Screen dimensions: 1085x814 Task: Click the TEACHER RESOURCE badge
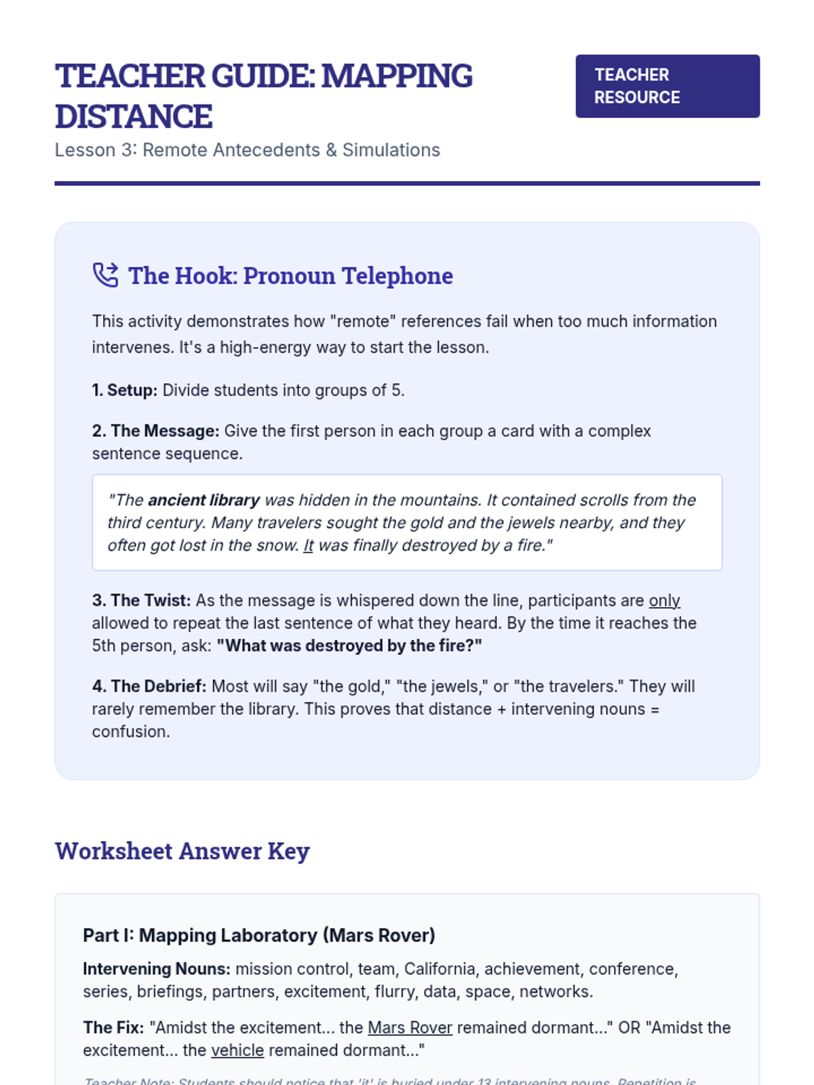pyautogui.click(x=667, y=86)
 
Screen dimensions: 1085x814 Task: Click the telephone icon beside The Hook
pyautogui.click(x=105, y=275)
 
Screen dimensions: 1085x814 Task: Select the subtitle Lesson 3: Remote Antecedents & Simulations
pyautogui.click(x=247, y=150)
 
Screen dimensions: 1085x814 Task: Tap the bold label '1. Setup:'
pyautogui.click(x=125, y=391)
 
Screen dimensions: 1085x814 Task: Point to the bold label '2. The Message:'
pyautogui.click(x=155, y=431)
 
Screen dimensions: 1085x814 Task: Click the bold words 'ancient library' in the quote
pyautogui.click(x=203, y=500)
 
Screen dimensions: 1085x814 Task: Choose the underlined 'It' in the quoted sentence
pyautogui.click(x=308, y=546)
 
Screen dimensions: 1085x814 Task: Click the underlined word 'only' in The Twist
pyautogui.click(x=664, y=601)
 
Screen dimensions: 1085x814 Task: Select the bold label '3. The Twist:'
pyautogui.click(x=141, y=601)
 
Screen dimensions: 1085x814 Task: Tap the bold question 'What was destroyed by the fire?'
pyautogui.click(x=349, y=646)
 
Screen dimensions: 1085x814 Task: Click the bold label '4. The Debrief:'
pyautogui.click(x=149, y=687)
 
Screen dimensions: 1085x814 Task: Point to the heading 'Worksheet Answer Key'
pyautogui.click(x=182, y=851)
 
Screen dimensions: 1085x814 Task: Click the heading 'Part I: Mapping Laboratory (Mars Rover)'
pyautogui.click(x=258, y=936)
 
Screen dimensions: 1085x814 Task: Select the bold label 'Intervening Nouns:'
pyautogui.click(x=156, y=969)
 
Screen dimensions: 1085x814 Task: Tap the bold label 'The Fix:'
pyautogui.click(x=113, y=1028)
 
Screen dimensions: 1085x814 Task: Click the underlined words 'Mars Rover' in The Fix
pyautogui.click(x=410, y=1028)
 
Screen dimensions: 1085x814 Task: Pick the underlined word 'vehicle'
pyautogui.click(x=237, y=1050)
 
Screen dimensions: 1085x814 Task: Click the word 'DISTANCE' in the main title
pyautogui.click(x=134, y=117)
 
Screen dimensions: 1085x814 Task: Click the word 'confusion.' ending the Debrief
pyautogui.click(x=131, y=732)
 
